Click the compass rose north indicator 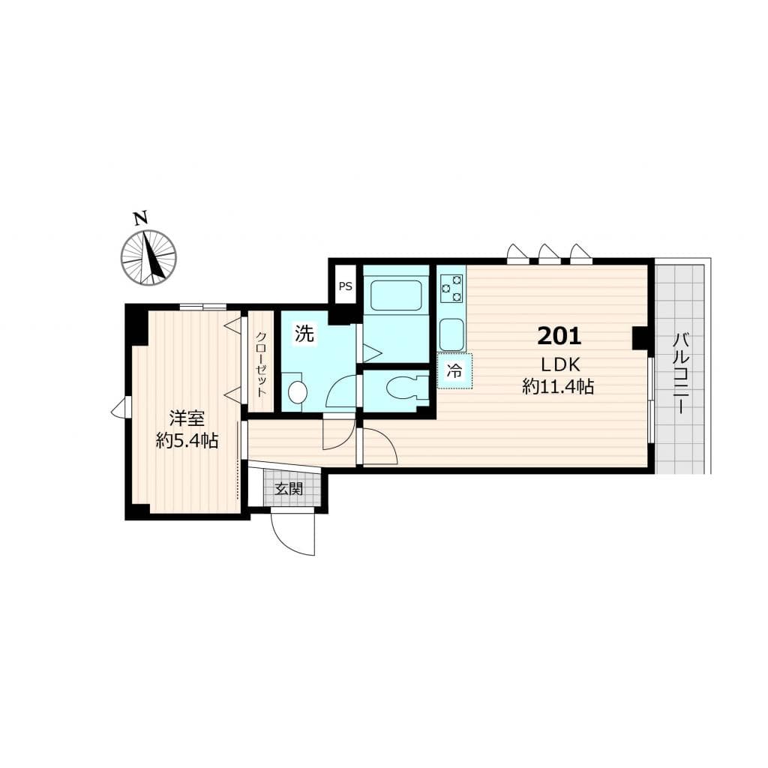click(148, 256)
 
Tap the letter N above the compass click(141, 218)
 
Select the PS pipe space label click(345, 286)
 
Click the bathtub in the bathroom click(396, 295)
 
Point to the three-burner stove click(451, 288)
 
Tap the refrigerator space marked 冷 click(454, 370)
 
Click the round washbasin click(297, 392)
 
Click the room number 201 click(559, 336)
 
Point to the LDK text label click(560, 364)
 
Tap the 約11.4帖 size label click(558, 387)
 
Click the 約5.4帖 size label click(187, 441)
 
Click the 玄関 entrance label click(289, 488)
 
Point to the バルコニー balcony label click(681, 373)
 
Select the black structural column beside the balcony click(640, 338)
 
